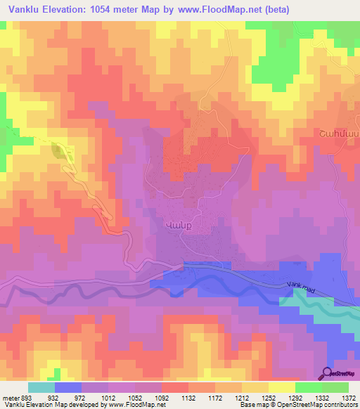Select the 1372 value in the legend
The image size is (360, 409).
click(x=349, y=398)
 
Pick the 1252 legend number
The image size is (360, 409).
click(x=269, y=398)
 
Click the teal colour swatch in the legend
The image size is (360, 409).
click(x=41, y=387)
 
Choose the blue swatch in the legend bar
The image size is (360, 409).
click(x=68, y=387)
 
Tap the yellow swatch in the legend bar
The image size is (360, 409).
click(x=282, y=387)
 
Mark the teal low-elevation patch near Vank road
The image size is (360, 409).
click(x=316, y=309)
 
